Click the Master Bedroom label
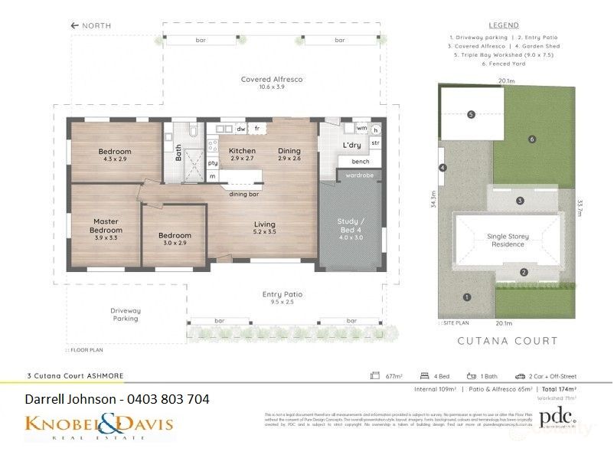pyautogui.click(x=106, y=226)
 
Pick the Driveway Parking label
pyautogui.click(x=126, y=314)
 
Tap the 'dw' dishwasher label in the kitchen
pyautogui.click(x=240, y=129)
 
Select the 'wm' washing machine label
pyautogui.click(x=361, y=128)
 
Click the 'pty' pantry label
pyautogui.click(x=214, y=162)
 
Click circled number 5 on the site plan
pyautogui.click(x=471, y=115)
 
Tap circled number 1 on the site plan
pyautogui.click(x=466, y=296)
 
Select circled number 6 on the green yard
pyautogui.click(x=531, y=139)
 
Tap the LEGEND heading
pyautogui.click(x=504, y=25)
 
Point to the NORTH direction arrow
pyautogui.click(x=75, y=25)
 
